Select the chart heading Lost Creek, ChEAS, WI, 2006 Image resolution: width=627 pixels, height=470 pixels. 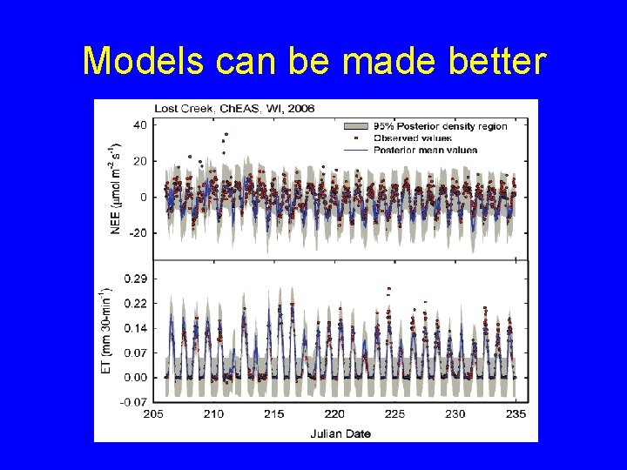(234, 109)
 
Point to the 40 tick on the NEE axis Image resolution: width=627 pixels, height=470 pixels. (139, 124)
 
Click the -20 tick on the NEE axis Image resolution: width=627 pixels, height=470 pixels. (138, 233)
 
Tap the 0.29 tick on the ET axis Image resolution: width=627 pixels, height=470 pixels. (135, 279)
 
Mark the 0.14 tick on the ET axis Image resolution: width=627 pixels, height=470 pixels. (135, 328)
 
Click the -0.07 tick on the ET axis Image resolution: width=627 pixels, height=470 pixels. (133, 402)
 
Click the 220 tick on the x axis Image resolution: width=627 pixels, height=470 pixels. (334, 414)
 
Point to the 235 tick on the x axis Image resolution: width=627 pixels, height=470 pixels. (516, 414)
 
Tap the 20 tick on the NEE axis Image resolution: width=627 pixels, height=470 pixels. (139, 161)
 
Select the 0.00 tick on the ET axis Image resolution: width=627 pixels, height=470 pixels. (135, 378)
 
